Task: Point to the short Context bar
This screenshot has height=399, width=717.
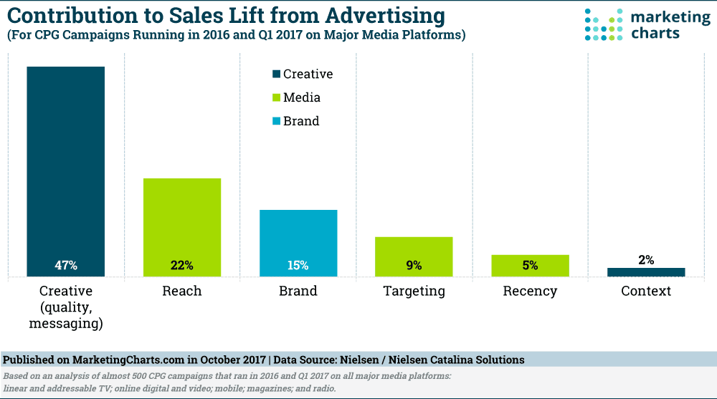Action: tap(646, 272)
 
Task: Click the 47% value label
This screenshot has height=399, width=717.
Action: tap(66, 265)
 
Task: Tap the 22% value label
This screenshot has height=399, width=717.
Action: tap(182, 265)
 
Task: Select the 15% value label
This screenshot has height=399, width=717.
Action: tap(298, 265)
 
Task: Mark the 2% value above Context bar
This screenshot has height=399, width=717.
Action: tap(646, 260)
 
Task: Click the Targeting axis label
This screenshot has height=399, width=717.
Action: tap(414, 291)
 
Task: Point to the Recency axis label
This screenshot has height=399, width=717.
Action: tap(530, 291)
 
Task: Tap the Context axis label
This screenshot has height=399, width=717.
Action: tap(646, 291)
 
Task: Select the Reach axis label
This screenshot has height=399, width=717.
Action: tap(182, 291)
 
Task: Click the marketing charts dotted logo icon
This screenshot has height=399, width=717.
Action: tap(600, 24)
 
